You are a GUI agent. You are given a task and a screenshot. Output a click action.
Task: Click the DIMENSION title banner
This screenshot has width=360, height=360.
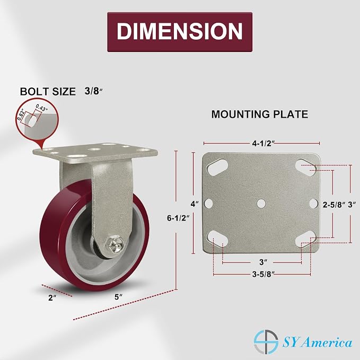click(180, 32)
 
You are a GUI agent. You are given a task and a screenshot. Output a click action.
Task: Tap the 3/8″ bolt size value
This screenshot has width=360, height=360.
click(93, 91)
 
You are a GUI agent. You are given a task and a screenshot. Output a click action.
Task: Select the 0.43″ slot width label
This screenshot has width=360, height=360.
click(41, 108)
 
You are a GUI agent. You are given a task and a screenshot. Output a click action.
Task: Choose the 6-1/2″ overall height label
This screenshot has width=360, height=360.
click(178, 218)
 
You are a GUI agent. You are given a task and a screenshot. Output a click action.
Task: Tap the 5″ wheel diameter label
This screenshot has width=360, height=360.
click(118, 297)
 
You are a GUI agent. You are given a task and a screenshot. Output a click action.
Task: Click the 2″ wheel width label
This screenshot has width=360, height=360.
click(52, 298)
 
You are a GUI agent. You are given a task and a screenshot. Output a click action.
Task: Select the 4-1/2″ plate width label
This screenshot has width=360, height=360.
click(263, 144)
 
